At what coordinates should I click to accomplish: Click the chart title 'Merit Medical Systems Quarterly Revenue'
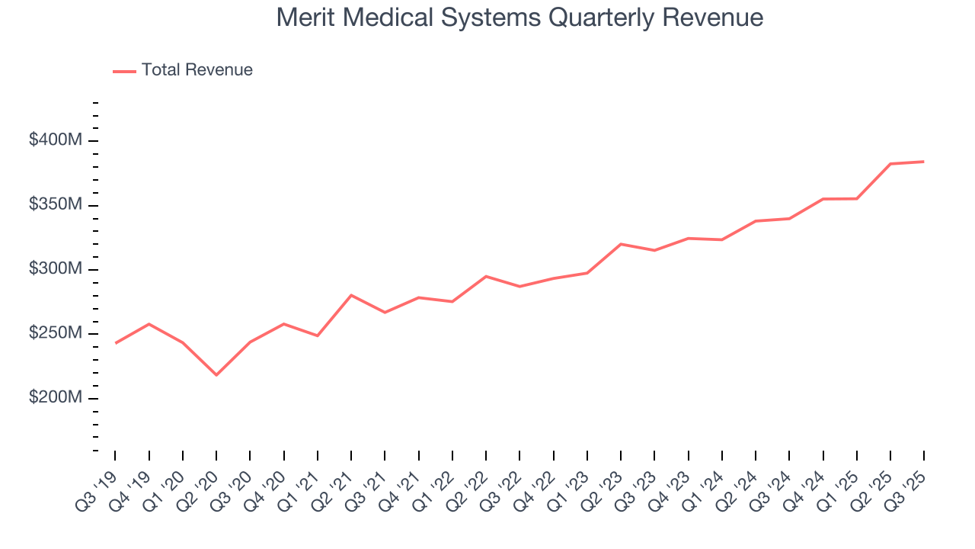pos(519,17)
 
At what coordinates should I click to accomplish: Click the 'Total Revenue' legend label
pos(197,70)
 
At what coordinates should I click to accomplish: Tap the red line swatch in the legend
pos(124,71)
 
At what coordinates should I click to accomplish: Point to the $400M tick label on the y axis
pos(56,141)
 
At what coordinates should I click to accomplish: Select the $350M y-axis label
pos(56,205)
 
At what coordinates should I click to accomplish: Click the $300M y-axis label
pos(56,269)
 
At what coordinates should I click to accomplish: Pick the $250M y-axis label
pos(56,334)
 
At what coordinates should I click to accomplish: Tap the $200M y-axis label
pos(56,398)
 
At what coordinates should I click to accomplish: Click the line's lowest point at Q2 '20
pos(216,375)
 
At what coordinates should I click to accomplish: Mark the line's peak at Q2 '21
pos(351,295)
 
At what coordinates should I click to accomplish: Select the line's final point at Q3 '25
pos(924,162)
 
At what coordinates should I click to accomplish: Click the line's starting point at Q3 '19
pos(115,343)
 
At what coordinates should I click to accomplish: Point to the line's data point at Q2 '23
pos(621,244)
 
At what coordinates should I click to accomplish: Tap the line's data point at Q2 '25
pos(890,164)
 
